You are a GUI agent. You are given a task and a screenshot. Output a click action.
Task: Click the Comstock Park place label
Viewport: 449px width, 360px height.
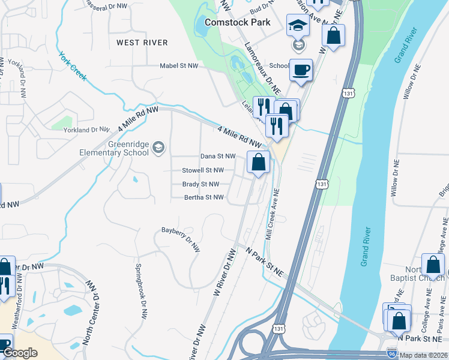pyautogui.click(x=238, y=22)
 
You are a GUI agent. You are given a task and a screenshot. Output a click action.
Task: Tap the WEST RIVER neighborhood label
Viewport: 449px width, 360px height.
pyautogui.click(x=142, y=43)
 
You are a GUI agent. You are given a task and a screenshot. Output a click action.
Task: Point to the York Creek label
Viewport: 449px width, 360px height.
pyautogui.click(x=73, y=66)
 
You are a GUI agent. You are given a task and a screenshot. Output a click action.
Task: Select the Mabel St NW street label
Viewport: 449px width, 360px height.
pyautogui.click(x=179, y=66)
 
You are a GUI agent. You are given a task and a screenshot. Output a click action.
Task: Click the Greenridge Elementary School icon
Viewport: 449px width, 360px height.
pyautogui.click(x=158, y=148)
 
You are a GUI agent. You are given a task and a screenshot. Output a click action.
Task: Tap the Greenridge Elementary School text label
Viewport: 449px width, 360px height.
pyautogui.click(x=114, y=148)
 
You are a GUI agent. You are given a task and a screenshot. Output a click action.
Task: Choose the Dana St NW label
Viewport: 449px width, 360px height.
pyautogui.click(x=216, y=156)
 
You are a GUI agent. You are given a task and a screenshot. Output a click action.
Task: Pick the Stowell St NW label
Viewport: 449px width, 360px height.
pyautogui.click(x=203, y=170)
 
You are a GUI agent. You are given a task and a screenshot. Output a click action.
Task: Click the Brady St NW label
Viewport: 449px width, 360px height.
pyautogui.click(x=200, y=184)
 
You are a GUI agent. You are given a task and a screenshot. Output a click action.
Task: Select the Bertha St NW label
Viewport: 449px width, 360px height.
pyautogui.click(x=203, y=197)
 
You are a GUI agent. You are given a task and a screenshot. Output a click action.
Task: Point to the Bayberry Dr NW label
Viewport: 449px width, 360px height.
pyautogui.click(x=181, y=238)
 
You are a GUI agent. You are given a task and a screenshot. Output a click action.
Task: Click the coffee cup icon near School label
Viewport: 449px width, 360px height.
pyautogui.click(x=301, y=70)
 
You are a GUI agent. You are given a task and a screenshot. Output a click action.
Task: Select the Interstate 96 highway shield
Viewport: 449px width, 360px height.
pyautogui.click(x=391, y=354)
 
